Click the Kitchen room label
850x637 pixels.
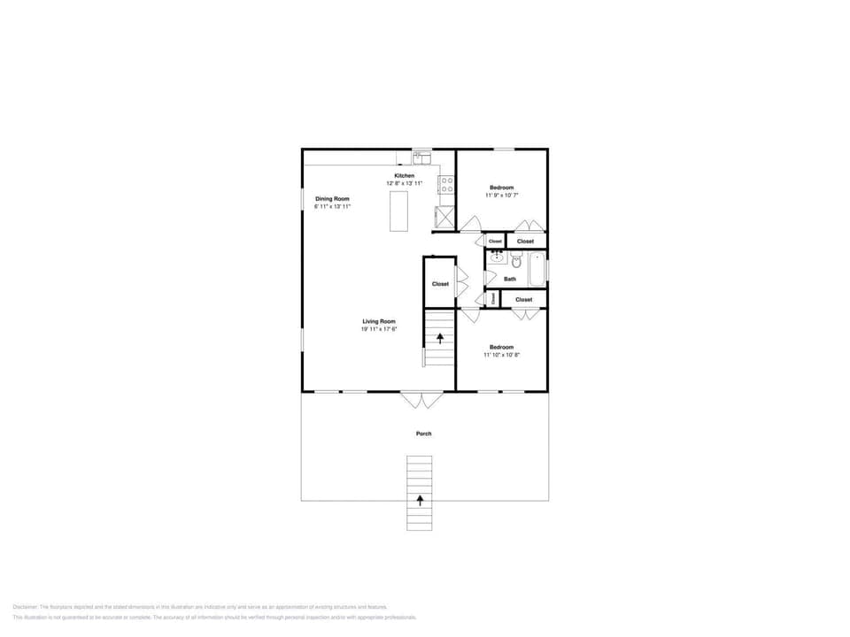tap(404, 176)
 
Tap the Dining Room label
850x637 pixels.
tap(332, 199)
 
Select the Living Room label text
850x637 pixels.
tap(378, 321)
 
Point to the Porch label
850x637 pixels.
tap(424, 434)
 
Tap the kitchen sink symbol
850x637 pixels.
tap(421, 159)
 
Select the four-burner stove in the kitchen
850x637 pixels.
tap(447, 185)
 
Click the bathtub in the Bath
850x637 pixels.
tap(537, 269)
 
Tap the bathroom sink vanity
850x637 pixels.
tap(496, 259)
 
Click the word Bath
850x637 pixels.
tap(510, 280)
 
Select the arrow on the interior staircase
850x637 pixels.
tap(440, 338)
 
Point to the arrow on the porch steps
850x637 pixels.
tap(420, 500)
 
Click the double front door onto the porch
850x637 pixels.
tap(421, 400)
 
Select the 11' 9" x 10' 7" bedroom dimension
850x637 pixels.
tap(502, 196)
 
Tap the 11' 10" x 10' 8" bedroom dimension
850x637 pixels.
tap(501, 355)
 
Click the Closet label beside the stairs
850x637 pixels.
tap(440, 284)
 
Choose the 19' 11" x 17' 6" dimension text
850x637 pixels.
tap(378, 329)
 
